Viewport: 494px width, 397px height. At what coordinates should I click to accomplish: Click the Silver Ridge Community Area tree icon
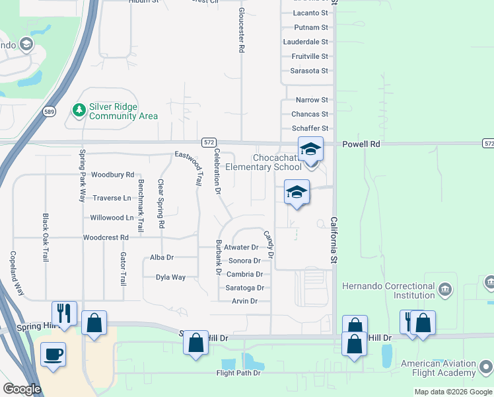coord(79,109)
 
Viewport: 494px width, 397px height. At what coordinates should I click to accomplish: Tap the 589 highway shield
coord(48,111)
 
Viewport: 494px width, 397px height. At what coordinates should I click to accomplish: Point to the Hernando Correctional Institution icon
coord(446,288)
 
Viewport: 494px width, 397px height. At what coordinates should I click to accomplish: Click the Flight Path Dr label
coord(238,373)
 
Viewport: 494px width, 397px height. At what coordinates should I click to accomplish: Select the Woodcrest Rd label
coord(106,238)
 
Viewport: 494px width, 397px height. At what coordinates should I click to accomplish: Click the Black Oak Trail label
coord(46,238)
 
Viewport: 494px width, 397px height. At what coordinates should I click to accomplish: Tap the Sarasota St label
coord(309,71)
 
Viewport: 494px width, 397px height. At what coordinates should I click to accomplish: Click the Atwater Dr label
coord(241,247)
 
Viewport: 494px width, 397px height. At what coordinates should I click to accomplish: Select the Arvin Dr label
coord(244,301)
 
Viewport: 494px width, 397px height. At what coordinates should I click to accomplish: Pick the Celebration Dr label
coord(217,170)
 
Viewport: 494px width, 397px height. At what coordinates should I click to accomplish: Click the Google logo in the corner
coord(22,389)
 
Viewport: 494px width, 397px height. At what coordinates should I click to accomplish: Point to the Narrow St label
coord(312,100)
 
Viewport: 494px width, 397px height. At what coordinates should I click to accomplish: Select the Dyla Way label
coord(170,277)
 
